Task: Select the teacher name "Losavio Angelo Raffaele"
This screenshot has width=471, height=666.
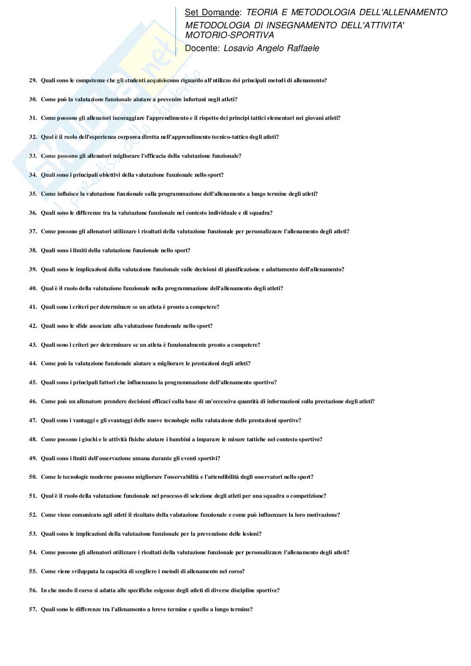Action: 271,48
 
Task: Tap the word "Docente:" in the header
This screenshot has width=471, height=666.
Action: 202,48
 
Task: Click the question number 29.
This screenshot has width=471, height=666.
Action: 33,80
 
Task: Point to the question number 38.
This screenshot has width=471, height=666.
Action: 33,250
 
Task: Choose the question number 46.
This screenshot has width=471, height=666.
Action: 33,401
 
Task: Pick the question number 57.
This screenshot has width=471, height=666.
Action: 33,609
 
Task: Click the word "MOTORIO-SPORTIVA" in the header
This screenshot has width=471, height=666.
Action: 230,35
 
